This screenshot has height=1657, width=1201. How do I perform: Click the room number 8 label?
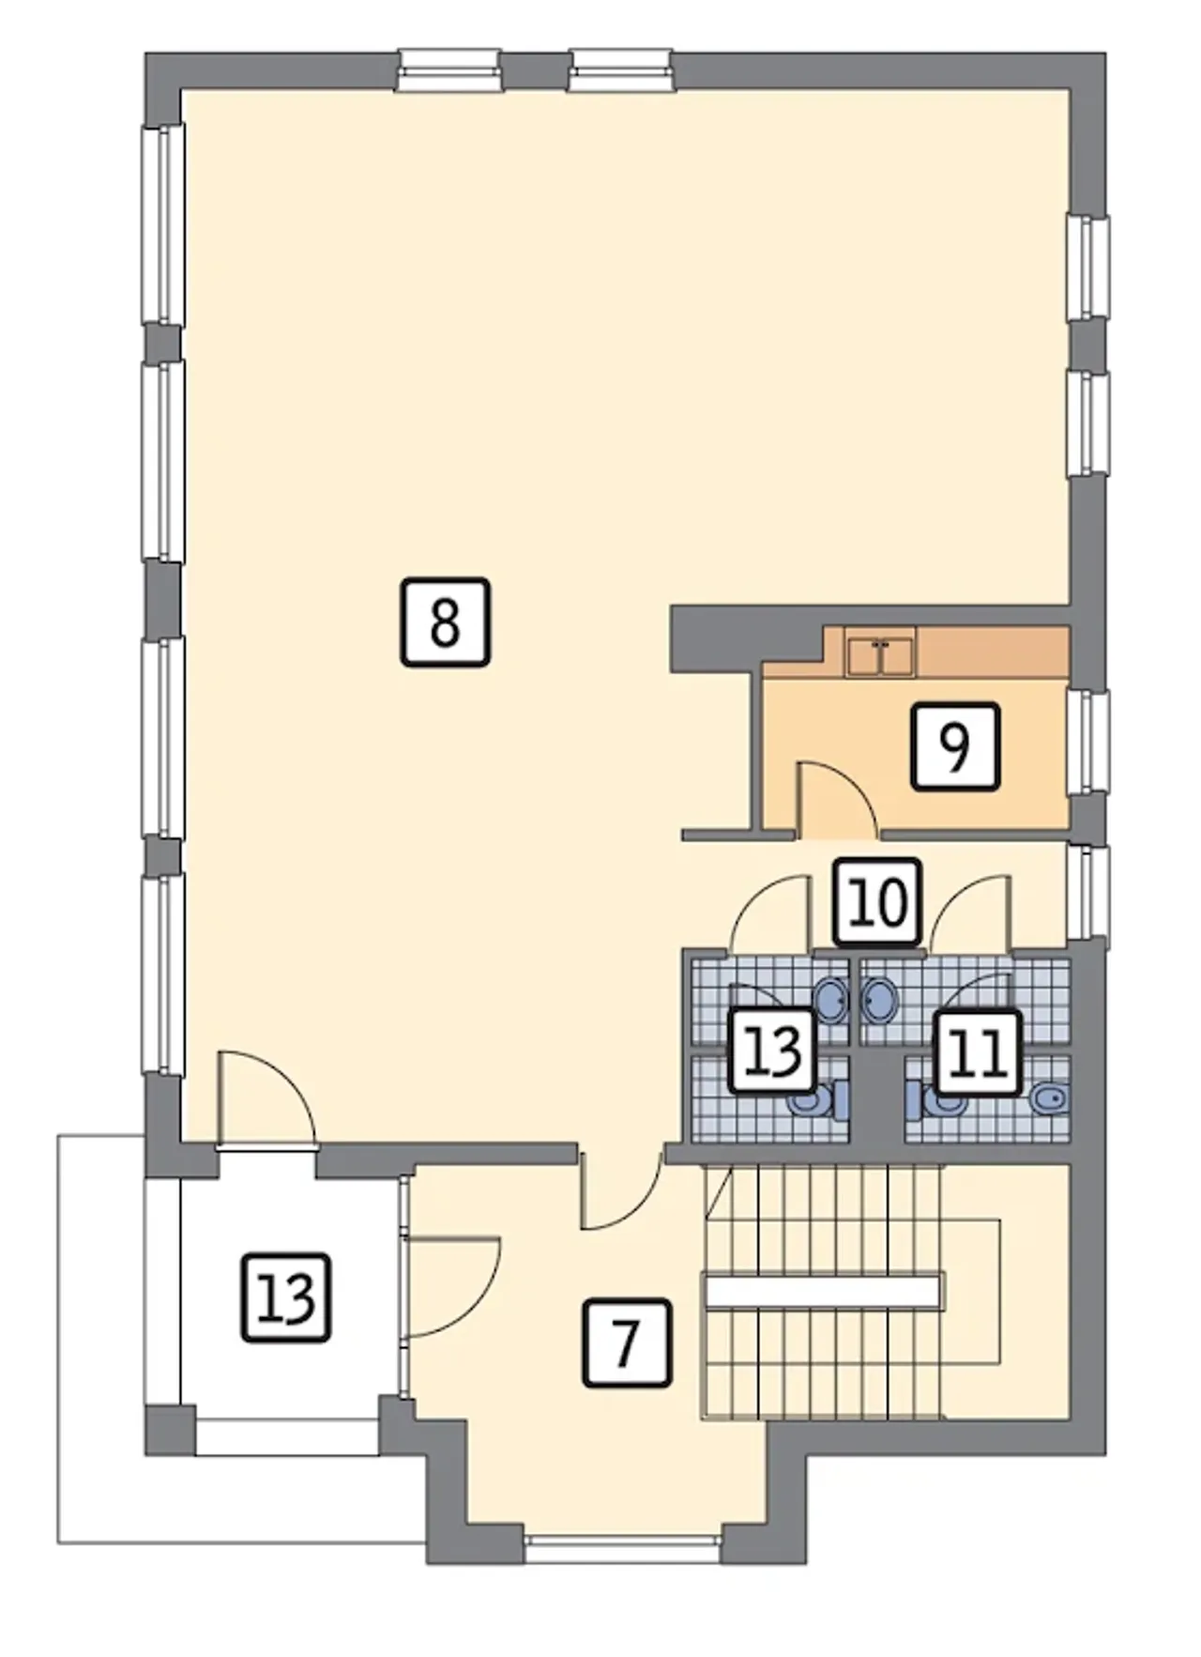445,622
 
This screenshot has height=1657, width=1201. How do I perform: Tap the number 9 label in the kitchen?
955,746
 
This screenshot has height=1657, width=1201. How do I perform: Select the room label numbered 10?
878,901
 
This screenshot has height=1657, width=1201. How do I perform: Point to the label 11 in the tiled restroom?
978,1051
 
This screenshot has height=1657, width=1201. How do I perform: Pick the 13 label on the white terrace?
287,1297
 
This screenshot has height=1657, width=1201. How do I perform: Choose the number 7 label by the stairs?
627,1343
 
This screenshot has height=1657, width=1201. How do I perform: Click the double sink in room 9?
880,655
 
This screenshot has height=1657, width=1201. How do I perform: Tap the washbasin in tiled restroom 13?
832,999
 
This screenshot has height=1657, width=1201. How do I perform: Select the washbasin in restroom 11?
879,999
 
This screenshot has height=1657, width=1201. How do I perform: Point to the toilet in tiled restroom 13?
818,1098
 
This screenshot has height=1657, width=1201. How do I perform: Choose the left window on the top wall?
448,70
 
